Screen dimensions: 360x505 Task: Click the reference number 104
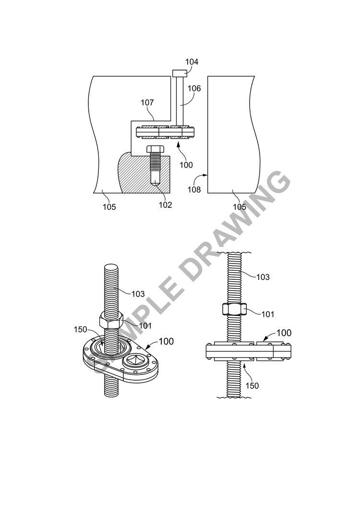coord(192,61)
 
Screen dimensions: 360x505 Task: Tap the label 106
coord(194,88)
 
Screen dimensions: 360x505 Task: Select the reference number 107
coord(147,102)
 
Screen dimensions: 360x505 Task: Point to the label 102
coord(166,205)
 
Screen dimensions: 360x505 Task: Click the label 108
coord(194,189)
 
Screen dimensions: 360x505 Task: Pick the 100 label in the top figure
coord(186,165)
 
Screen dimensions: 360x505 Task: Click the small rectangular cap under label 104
coord(180,73)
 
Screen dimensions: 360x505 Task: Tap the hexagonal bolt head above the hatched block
coord(156,149)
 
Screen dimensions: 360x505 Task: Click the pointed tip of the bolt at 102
coord(156,184)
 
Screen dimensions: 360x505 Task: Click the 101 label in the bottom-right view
coord(268,314)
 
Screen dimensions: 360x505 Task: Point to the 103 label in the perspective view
coord(138,294)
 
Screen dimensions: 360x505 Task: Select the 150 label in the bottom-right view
coord(252,385)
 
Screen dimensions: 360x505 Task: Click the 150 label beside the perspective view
coord(81,329)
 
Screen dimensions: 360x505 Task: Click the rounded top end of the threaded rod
coord(111,267)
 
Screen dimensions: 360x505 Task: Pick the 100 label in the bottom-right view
coord(284,333)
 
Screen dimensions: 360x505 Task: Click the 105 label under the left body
coord(109,207)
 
